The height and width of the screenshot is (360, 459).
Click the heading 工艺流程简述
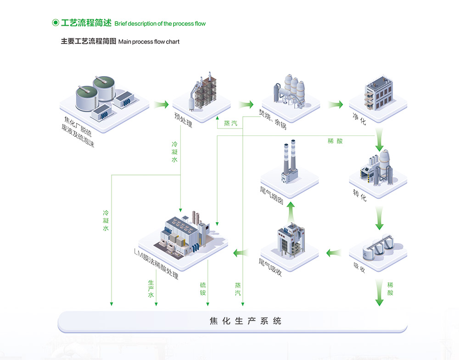pos(86,23)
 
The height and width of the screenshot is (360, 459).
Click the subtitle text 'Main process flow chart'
pos(149,42)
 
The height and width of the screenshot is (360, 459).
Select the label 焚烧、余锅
pos(272,118)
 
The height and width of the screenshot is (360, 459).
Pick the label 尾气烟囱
pos(271,196)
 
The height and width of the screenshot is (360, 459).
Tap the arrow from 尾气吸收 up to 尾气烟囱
pos(290,210)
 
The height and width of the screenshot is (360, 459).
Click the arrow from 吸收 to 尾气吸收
pos(335,252)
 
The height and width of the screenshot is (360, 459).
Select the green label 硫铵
pos(203,289)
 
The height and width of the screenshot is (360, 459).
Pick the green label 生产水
pos(151,288)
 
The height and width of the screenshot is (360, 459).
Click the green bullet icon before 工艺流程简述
pos(55,22)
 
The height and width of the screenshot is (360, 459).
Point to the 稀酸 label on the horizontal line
pos(335,141)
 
